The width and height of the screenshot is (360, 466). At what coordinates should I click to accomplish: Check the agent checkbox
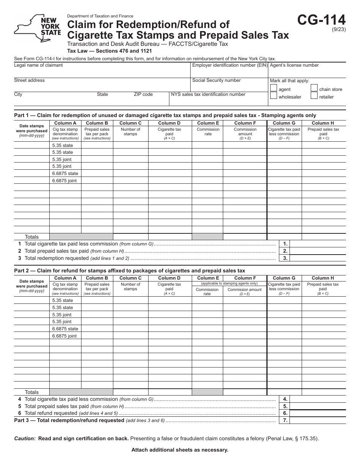[x=273, y=88]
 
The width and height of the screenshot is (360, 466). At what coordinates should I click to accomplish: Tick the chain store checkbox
[x=314, y=88]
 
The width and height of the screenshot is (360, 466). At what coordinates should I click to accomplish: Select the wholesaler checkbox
[x=273, y=96]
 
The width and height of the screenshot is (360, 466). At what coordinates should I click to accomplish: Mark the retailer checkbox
[x=314, y=96]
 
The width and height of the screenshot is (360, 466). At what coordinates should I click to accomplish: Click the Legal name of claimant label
[x=38, y=65]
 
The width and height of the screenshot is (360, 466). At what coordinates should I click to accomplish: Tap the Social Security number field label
[x=216, y=80]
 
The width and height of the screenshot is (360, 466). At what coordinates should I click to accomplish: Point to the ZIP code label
[x=143, y=94]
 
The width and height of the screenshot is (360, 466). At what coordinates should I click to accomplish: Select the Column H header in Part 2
[x=323, y=278]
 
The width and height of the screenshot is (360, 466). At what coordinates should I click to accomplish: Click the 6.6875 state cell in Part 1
[x=65, y=174]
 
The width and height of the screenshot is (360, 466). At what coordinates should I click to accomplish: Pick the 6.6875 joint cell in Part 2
[x=64, y=336]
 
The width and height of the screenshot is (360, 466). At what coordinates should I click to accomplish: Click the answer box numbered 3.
[x=318, y=258]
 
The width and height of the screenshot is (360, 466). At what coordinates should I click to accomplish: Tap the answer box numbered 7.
[x=318, y=420]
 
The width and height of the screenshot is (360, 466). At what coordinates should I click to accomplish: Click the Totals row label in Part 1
[x=32, y=237]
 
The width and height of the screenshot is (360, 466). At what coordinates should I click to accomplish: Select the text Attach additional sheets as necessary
[x=180, y=450]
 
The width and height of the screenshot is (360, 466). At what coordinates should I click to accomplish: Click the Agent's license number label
[x=294, y=65]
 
